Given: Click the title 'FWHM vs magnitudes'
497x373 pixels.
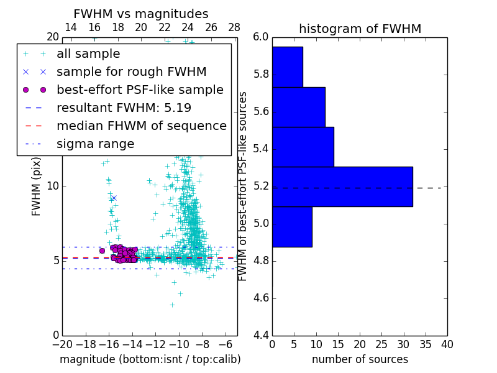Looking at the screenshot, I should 140,14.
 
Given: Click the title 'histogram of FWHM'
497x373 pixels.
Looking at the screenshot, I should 360,29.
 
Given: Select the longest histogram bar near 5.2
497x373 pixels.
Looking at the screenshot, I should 342,186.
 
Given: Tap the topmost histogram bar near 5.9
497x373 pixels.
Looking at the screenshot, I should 287,67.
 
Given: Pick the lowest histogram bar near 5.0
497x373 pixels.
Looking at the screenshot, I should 292,226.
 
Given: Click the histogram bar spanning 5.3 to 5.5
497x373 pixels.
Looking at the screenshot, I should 303,147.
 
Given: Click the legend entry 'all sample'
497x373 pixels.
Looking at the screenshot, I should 88,54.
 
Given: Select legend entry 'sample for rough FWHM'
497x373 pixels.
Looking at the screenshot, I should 131,72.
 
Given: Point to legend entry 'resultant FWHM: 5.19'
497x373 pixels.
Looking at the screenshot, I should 124,108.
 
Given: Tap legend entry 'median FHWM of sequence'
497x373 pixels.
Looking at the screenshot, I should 141,126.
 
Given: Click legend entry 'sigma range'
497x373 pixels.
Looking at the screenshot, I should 95,144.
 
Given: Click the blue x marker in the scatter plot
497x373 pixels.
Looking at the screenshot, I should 114,198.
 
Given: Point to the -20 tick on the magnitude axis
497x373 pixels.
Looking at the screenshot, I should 62,343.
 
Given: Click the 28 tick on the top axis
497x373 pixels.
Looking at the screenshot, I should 234,27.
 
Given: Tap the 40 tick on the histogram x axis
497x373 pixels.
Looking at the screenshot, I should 447,344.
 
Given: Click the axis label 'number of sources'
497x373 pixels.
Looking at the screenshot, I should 360,359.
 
